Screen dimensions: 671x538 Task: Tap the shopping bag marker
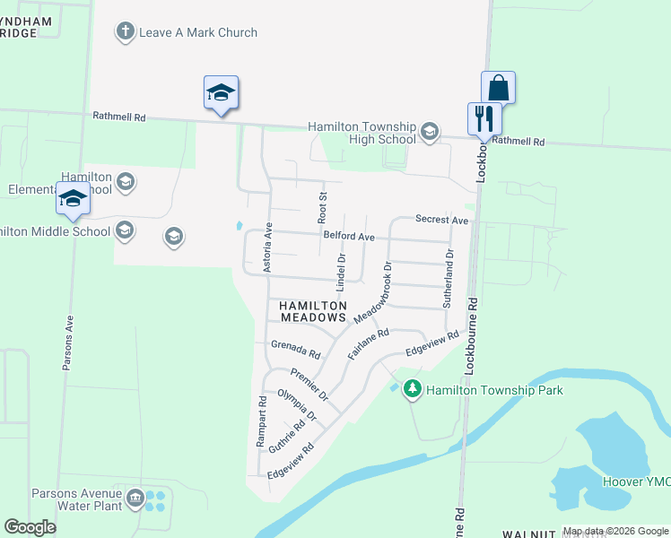(498, 89)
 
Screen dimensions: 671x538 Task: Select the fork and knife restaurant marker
(484, 118)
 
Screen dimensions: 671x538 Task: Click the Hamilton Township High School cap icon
(430, 133)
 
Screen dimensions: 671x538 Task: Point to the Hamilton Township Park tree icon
(413, 390)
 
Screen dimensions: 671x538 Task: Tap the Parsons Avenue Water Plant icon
(135, 498)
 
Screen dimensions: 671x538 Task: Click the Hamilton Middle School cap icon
(125, 231)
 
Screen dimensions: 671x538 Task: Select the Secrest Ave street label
(441, 220)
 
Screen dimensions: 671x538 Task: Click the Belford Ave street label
(349, 237)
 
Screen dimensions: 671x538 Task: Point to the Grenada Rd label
(295, 348)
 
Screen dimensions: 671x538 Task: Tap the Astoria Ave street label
(266, 247)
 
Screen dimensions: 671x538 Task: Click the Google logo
(30, 527)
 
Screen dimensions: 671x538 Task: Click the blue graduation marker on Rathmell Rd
(221, 94)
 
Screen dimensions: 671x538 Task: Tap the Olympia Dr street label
(297, 405)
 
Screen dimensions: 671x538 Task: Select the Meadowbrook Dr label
(374, 292)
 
